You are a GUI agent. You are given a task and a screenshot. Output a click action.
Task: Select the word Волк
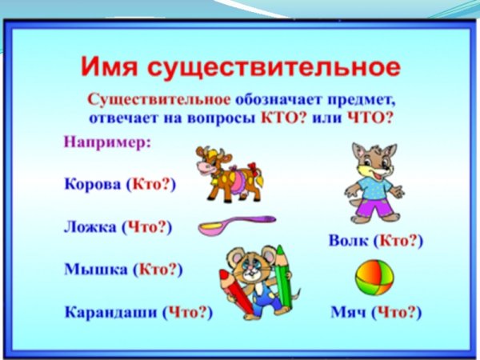pyautogui.click(x=350, y=241)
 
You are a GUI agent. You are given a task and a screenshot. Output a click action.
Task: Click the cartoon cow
pyautogui.click(x=229, y=173)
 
